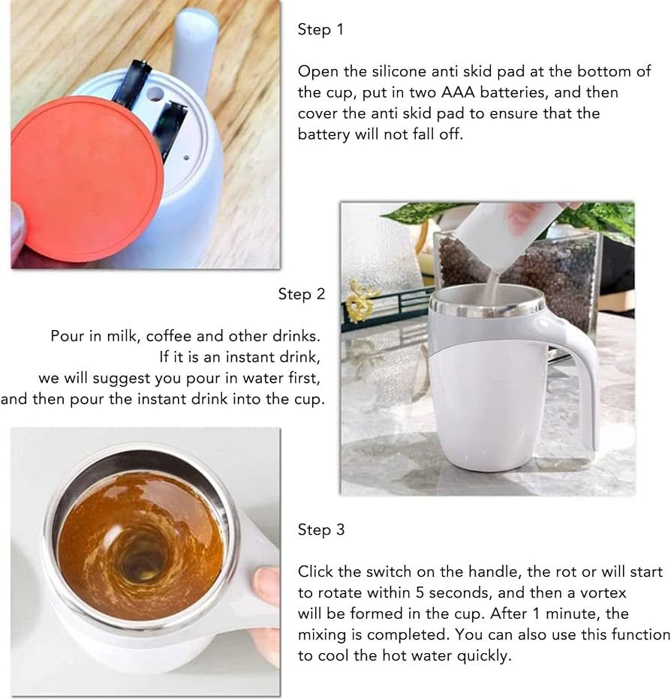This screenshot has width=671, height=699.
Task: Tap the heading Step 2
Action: point(301,295)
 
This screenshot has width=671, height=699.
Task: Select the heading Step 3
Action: point(320,530)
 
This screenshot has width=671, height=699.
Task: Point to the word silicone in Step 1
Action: point(392,72)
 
